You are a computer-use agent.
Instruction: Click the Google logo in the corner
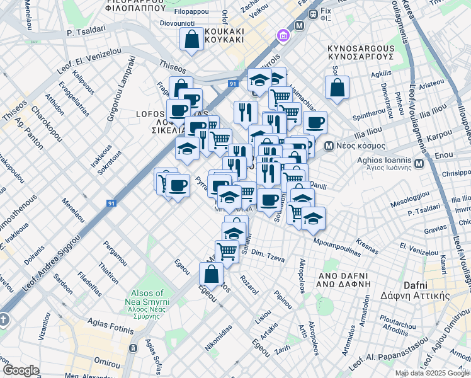coord(21,370)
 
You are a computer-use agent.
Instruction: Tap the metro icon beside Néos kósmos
coord(329,146)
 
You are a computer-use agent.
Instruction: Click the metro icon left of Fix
coord(299,26)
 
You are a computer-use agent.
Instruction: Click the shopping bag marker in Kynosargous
coord(337,87)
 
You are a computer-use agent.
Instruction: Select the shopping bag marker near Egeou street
coord(211,273)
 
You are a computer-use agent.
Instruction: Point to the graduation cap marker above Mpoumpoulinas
coord(313,218)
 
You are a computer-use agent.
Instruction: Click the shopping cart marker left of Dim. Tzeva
coord(227,251)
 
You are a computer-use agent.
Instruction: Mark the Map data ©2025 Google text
coord(432,373)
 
